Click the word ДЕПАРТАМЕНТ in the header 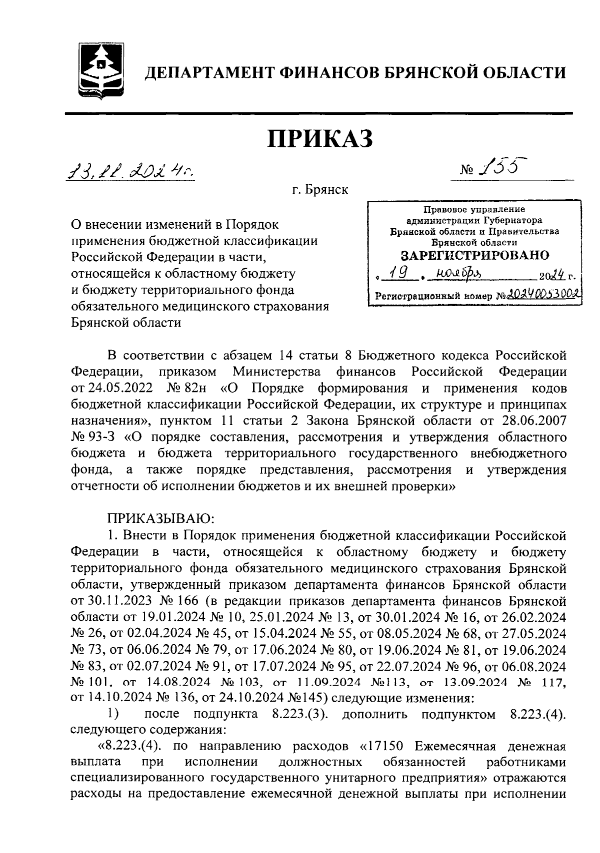[x=208, y=73]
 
